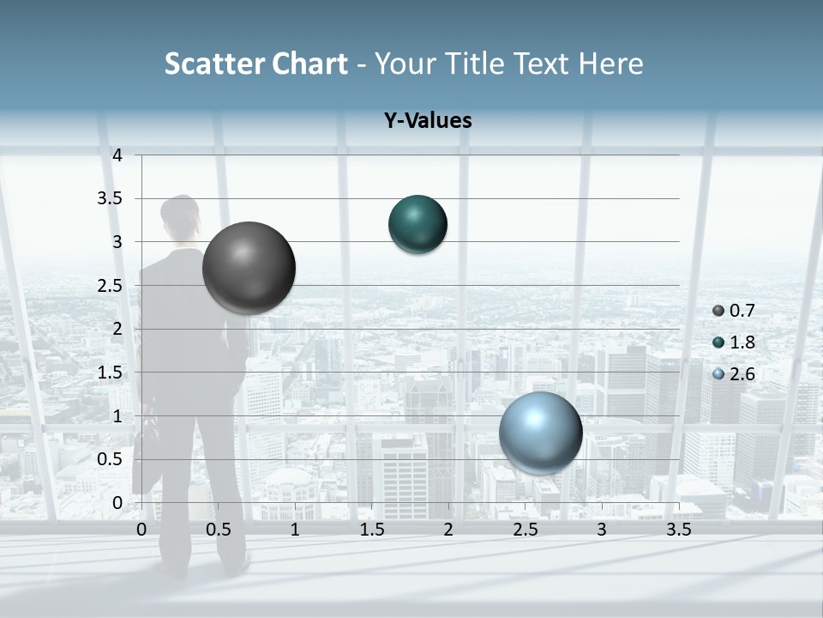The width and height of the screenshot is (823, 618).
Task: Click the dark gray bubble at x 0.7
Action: (249, 268)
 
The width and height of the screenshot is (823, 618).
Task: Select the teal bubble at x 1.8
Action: (418, 225)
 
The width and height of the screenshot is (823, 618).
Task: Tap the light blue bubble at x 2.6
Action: (541, 433)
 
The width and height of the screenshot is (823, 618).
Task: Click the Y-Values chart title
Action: (428, 121)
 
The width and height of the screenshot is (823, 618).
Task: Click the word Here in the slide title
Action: (610, 64)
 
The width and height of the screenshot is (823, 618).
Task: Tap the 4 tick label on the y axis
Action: (117, 155)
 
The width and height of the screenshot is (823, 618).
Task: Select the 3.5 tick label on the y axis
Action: (110, 198)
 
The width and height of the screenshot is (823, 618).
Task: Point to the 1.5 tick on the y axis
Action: (110, 373)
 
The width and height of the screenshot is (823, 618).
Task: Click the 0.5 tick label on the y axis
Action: (110, 459)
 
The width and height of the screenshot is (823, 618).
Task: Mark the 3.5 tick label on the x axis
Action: (678, 530)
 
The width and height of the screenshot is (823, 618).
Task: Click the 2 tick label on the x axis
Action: (448, 530)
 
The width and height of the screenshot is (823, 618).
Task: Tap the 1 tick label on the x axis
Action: (295, 530)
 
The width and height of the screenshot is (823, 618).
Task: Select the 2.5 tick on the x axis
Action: (525, 530)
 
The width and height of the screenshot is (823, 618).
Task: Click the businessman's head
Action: (180, 220)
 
